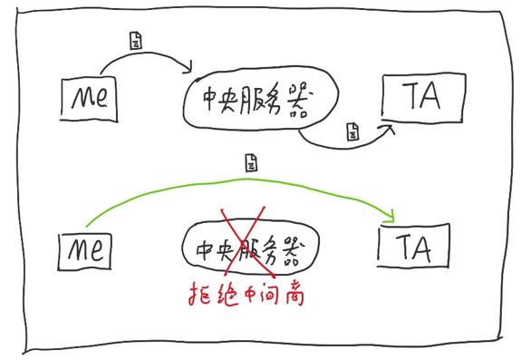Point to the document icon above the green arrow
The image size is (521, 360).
251,164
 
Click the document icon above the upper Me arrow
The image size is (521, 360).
136,42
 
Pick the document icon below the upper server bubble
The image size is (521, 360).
352,133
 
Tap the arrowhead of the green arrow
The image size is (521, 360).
391,215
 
